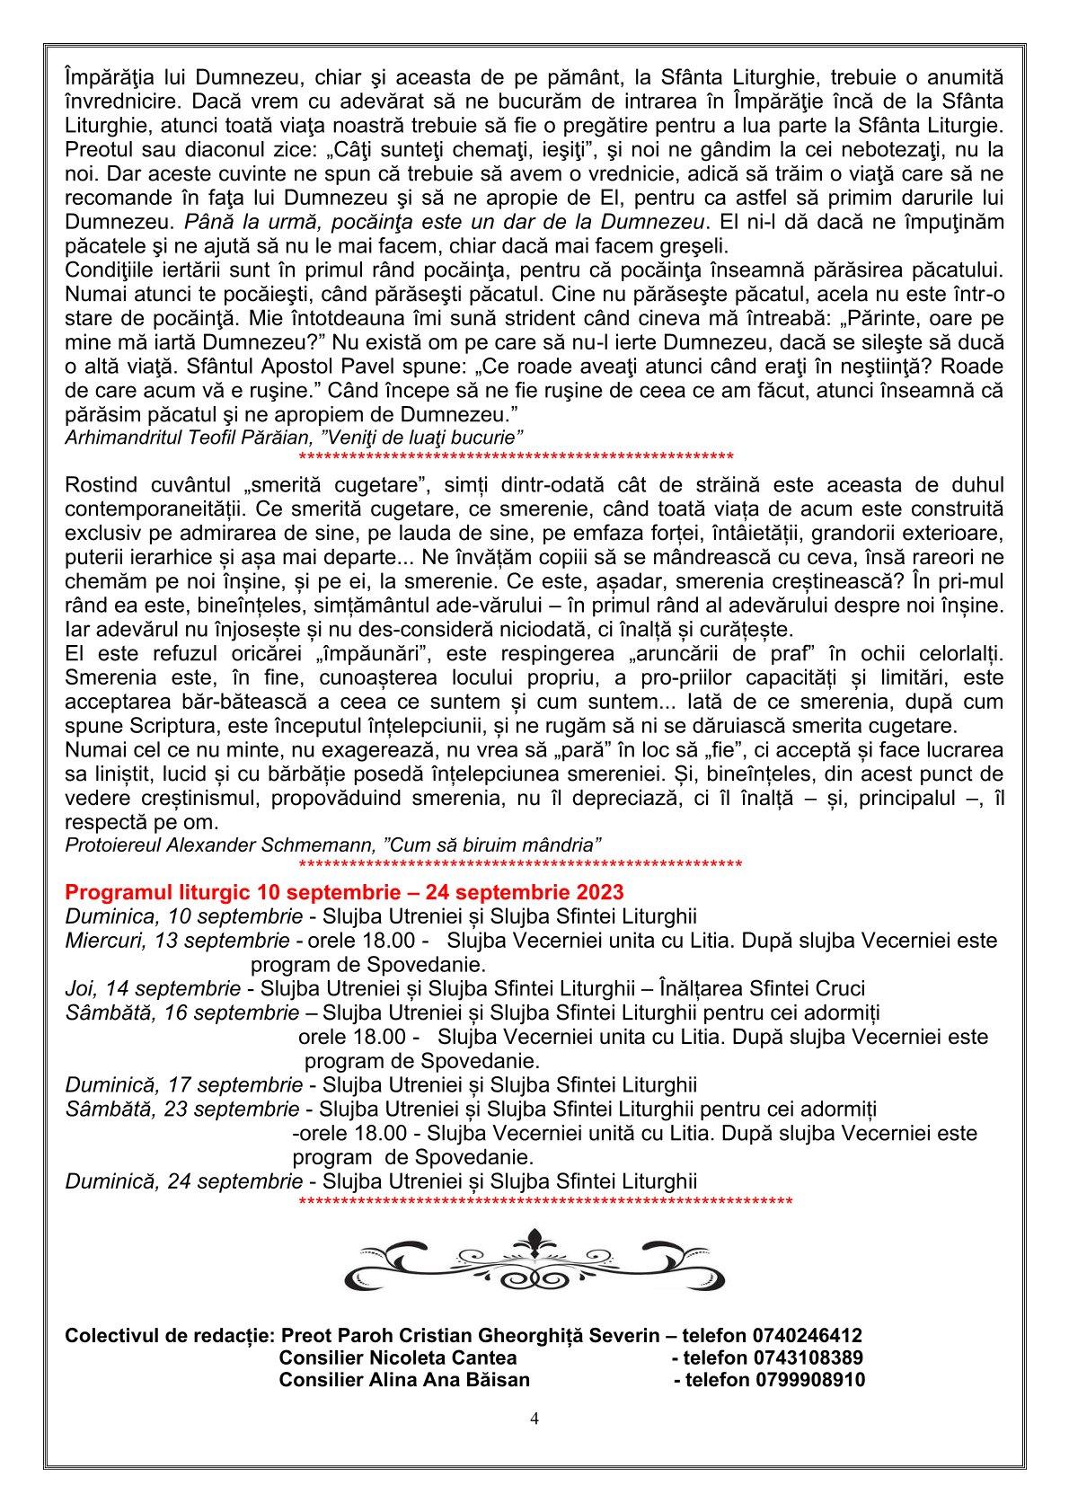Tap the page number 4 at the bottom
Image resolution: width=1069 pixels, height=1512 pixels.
click(534, 1419)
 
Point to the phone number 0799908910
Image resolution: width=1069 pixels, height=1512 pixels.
click(808, 1380)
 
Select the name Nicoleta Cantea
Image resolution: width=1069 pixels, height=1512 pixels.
click(440, 1357)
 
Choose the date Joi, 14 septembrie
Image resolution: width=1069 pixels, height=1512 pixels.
click(152, 989)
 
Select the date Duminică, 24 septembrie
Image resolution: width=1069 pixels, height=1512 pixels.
click(183, 1181)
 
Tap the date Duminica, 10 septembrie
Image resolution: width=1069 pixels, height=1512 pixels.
click(183, 916)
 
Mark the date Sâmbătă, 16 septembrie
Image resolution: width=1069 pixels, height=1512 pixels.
click(182, 1013)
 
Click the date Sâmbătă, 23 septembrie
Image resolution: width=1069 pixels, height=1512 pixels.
click(182, 1110)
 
